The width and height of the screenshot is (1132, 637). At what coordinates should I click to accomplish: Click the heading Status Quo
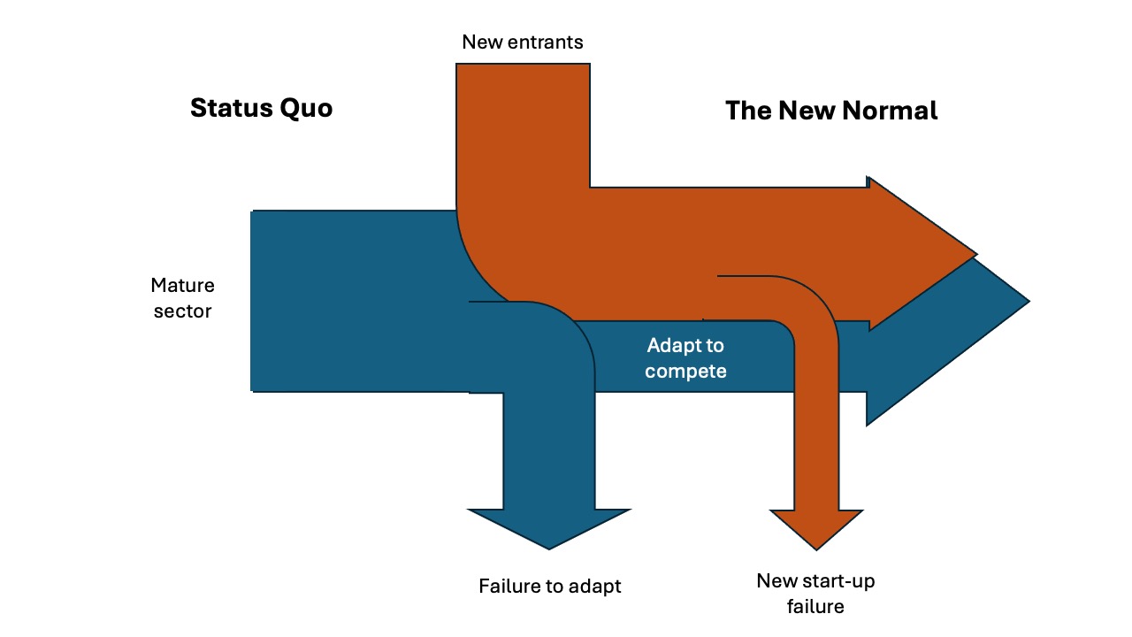[261, 108]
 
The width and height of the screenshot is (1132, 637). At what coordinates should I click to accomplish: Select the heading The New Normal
[831, 111]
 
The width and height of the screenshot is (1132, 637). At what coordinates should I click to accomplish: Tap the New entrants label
[523, 42]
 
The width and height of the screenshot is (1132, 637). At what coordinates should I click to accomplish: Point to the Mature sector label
[182, 298]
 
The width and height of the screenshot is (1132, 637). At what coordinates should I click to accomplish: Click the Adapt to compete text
[685, 358]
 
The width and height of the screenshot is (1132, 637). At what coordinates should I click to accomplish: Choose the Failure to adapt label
[549, 586]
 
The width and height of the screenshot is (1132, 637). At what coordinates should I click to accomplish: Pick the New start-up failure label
[815, 594]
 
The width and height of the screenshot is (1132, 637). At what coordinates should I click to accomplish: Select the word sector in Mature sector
[182, 311]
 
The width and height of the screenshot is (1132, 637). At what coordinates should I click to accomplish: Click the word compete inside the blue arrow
[685, 371]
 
